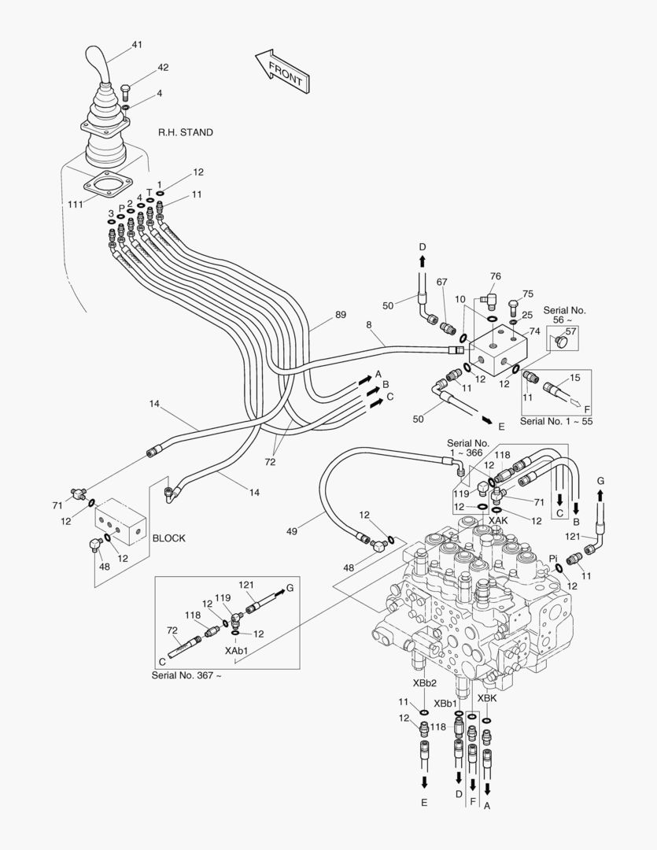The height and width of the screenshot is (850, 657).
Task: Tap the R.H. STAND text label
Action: [x=186, y=132]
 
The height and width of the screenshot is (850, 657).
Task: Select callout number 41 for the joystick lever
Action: [x=137, y=45]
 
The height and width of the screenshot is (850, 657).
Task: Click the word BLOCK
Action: [x=168, y=538]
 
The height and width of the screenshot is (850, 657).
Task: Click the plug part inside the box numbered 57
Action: [x=561, y=342]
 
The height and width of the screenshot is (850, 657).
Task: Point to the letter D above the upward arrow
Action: [x=423, y=247]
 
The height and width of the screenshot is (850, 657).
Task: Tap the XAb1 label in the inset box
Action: [x=236, y=652]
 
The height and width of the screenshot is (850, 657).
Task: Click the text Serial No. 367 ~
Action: [x=186, y=675]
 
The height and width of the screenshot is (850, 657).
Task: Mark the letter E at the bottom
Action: [x=424, y=803]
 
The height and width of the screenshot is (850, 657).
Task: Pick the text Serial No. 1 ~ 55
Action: [x=556, y=422]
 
